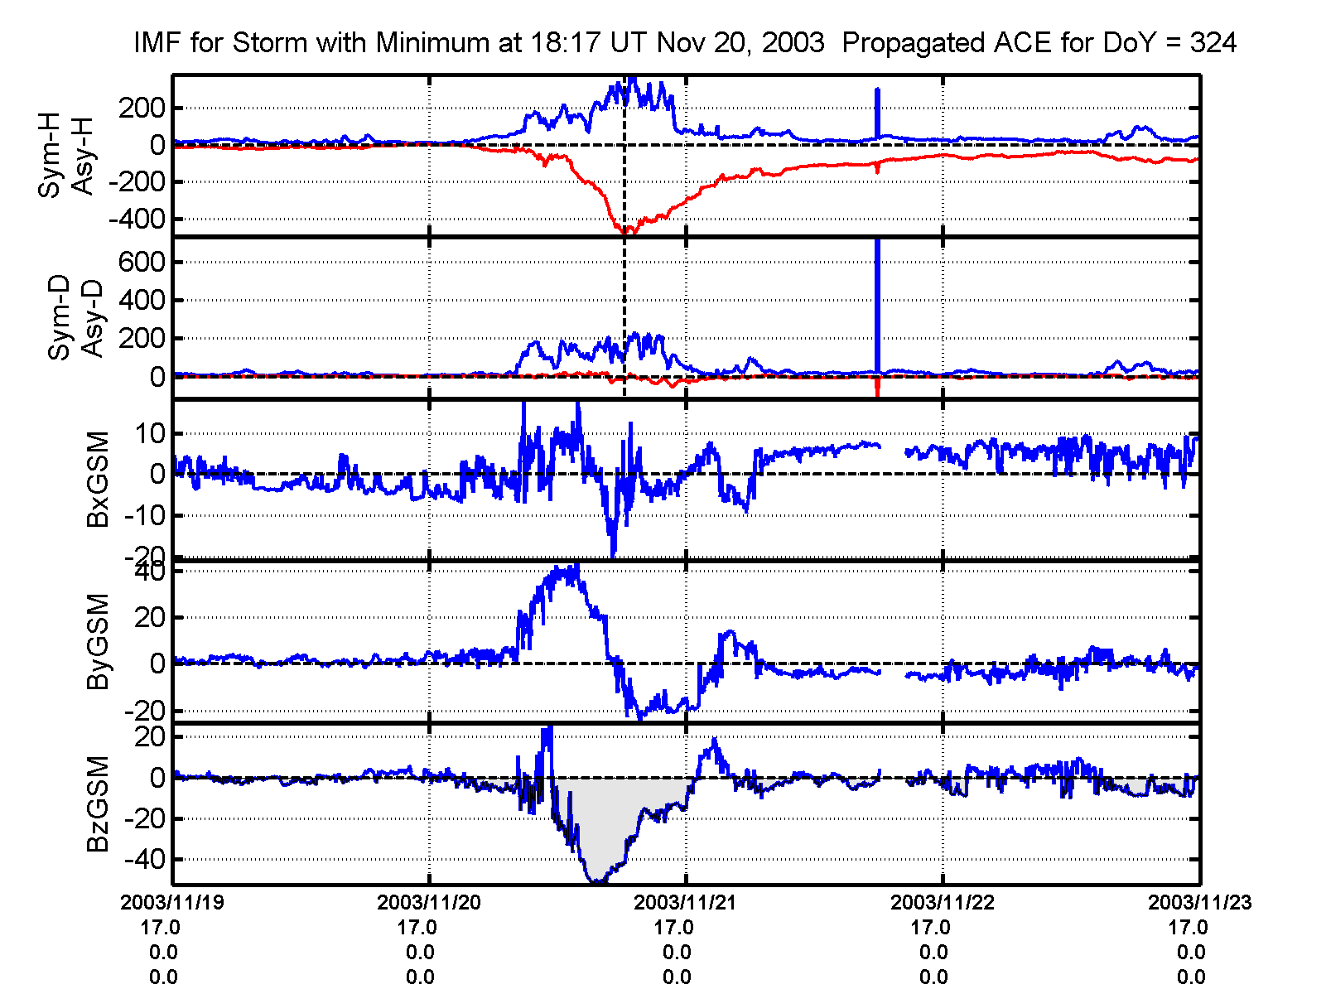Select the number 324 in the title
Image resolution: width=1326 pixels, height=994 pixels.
point(1213,42)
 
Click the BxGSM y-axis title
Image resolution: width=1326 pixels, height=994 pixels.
point(98,479)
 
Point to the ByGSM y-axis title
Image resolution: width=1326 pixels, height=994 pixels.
point(98,641)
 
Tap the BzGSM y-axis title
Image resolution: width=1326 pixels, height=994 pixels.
point(98,803)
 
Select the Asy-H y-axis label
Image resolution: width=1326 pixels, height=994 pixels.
point(83,156)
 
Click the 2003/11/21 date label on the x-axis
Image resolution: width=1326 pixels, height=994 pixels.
point(686,902)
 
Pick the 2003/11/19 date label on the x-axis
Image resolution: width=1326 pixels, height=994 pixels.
point(172,902)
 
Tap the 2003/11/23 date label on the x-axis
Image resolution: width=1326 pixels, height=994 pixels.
point(1199,902)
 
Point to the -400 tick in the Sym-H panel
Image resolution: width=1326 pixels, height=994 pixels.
point(137,220)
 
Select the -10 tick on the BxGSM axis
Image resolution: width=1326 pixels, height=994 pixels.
point(144,515)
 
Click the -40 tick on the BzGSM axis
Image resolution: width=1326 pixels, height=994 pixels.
point(144,859)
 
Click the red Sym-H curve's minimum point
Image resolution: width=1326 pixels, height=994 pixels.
point(628,233)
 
